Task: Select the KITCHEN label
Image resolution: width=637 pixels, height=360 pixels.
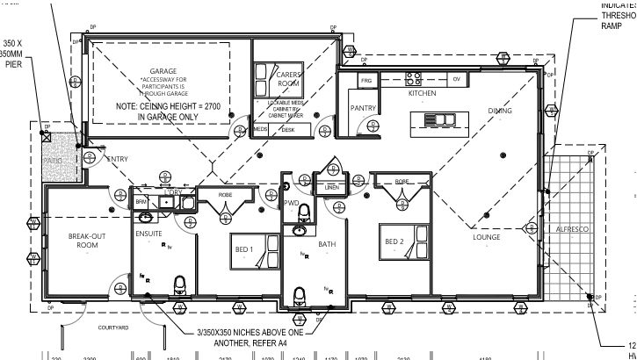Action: point(421,93)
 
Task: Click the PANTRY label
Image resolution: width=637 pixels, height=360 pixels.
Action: point(363,109)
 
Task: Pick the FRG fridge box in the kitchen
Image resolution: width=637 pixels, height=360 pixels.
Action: point(367,81)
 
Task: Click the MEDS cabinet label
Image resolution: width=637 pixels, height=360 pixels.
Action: point(259,129)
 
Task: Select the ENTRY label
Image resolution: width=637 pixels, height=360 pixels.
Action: point(118,159)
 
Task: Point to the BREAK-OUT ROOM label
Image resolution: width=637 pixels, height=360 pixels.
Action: point(86,241)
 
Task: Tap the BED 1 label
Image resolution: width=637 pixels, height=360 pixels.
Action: point(243,249)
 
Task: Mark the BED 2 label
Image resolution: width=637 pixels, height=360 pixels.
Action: point(393,241)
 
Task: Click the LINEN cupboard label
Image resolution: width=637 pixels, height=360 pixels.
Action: point(330,187)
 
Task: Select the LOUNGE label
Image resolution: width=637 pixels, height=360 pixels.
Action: point(486,237)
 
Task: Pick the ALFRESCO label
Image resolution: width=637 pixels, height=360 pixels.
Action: point(573,228)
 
